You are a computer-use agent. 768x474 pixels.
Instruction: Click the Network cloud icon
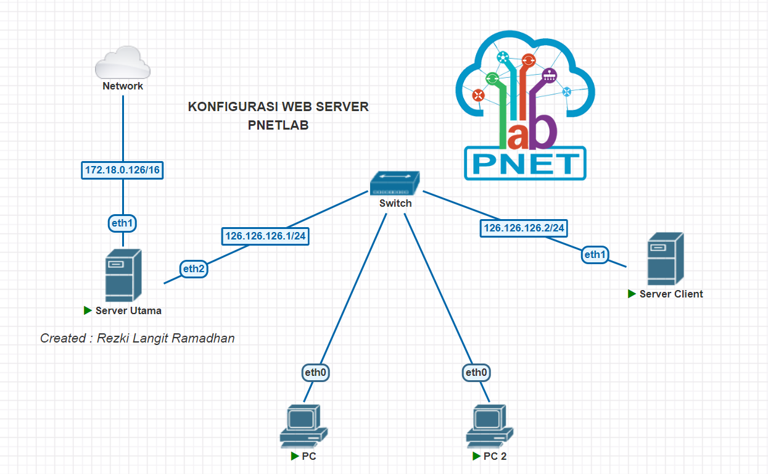click(x=122, y=62)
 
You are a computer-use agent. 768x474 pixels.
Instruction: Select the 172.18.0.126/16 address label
click(x=122, y=170)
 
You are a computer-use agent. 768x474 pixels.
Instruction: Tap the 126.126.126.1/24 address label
click(x=265, y=236)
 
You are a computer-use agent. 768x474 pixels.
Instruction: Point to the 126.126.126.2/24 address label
click(x=524, y=228)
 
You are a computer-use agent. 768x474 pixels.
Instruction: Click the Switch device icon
click(x=395, y=183)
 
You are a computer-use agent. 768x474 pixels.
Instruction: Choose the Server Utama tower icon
click(x=123, y=275)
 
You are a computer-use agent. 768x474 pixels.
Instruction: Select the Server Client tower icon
click(x=666, y=259)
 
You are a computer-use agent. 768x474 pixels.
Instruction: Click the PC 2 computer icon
click(x=489, y=426)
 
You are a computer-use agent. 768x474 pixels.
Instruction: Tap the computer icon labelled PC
click(x=303, y=426)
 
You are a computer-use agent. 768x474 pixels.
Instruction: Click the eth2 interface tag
click(x=194, y=268)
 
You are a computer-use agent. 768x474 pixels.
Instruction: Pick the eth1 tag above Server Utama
click(x=122, y=223)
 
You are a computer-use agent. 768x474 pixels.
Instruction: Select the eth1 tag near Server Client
click(x=595, y=254)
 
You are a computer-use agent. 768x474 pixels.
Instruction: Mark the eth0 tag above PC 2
click(x=476, y=373)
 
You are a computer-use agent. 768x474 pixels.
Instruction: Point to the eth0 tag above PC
click(x=315, y=373)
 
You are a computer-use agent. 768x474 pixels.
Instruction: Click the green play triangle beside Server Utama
click(x=88, y=310)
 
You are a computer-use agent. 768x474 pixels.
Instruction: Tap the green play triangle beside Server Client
click(x=632, y=294)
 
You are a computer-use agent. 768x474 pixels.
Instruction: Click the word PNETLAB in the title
click(x=278, y=125)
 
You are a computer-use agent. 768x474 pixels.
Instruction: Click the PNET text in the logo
click(x=525, y=164)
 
